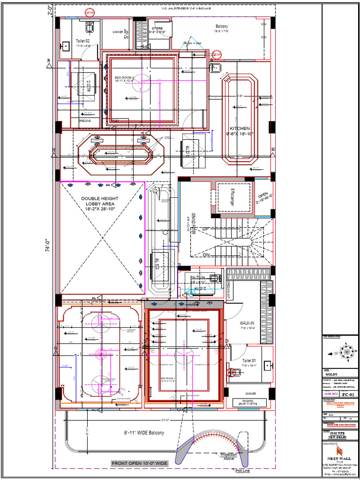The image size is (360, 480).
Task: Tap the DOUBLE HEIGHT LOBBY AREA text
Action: click(x=100, y=203)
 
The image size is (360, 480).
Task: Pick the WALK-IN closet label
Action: click(x=247, y=323)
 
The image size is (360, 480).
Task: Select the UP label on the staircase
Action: click(x=205, y=229)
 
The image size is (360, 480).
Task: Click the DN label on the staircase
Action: click(x=207, y=255)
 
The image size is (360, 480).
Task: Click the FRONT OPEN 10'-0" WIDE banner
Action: click(x=139, y=463)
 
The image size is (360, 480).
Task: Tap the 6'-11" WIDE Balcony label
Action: click(x=144, y=433)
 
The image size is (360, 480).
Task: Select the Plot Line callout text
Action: click(x=243, y=470)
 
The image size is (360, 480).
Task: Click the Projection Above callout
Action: click(x=229, y=457)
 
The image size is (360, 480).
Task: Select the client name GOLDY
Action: click(x=331, y=374)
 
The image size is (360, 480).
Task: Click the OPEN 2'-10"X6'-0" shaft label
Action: click(x=263, y=197)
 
